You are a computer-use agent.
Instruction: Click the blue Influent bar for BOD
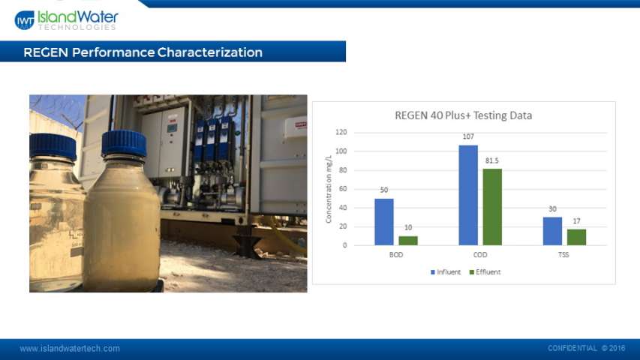[x=384, y=222]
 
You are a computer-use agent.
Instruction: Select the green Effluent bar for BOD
[x=408, y=241]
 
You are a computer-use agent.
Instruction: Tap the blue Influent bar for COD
[x=468, y=195]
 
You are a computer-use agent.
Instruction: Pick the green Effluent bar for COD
[x=492, y=207]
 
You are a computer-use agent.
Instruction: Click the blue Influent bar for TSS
[x=552, y=231]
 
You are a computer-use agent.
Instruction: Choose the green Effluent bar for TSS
[x=576, y=237]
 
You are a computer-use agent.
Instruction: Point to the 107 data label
[x=468, y=136]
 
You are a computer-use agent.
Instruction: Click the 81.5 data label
[x=492, y=160]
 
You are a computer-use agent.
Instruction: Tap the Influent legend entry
[x=446, y=272]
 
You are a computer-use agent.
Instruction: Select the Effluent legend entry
[x=485, y=272]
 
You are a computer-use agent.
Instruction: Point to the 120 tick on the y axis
[x=341, y=132]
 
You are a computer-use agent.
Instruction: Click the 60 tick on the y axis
[x=343, y=189]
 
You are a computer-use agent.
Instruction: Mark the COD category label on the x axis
[x=480, y=255]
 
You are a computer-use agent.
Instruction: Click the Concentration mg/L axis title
[x=329, y=189]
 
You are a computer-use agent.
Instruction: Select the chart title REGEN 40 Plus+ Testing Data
[x=463, y=115]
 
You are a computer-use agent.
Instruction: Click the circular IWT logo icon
[x=25, y=20]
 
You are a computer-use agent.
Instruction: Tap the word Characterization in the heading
[x=210, y=52]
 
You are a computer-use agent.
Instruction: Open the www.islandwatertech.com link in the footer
[x=70, y=349]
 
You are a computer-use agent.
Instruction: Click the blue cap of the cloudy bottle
[x=124, y=143]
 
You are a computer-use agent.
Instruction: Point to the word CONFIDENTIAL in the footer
[x=572, y=348]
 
